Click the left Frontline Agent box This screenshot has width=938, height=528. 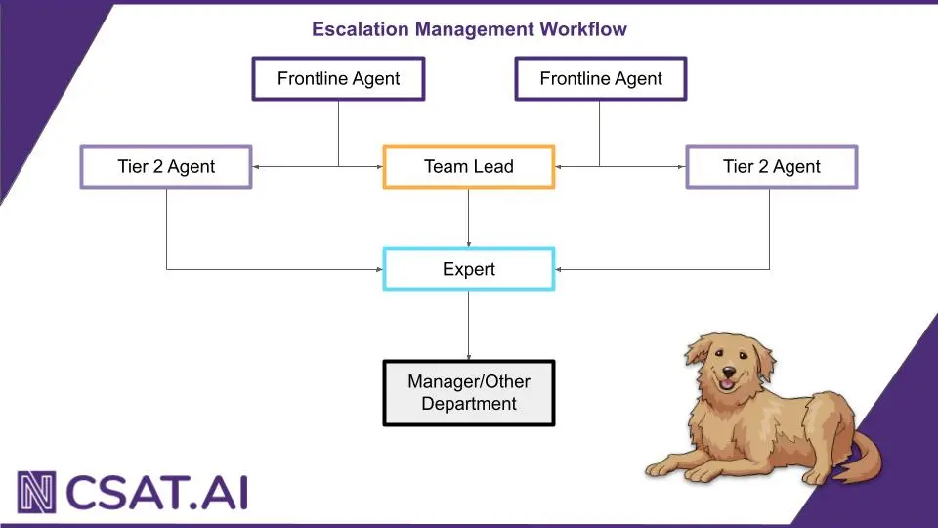point(338,79)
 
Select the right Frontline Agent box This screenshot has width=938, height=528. point(601,79)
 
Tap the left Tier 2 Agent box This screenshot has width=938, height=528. point(166,166)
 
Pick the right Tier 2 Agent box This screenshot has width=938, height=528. point(772,166)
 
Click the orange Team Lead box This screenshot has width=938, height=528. point(469,166)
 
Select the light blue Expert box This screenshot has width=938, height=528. point(469,269)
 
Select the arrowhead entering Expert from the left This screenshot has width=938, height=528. point(378,269)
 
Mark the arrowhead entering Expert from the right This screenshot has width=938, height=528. point(560,269)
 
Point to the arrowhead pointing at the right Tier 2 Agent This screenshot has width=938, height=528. point(681,166)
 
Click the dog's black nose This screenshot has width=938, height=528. point(728,372)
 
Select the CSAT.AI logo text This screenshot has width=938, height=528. point(156,492)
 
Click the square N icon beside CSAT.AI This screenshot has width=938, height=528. point(37,492)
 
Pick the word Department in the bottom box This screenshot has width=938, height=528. point(469,404)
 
